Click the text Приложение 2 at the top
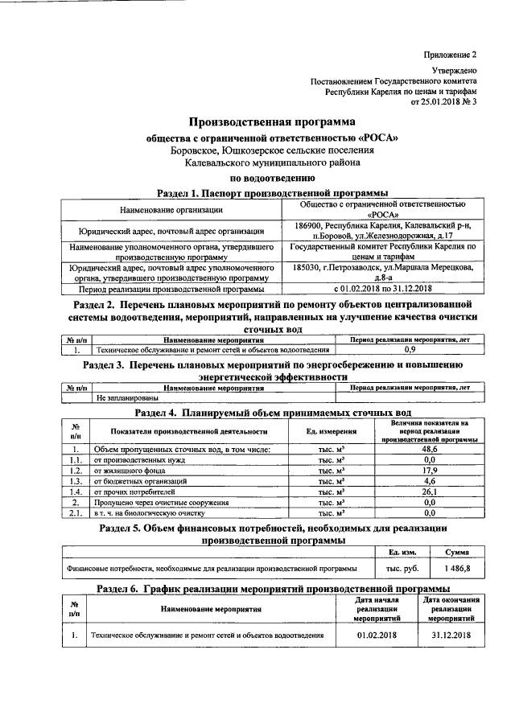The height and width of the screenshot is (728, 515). [451, 55]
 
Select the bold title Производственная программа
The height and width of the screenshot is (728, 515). [271, 122]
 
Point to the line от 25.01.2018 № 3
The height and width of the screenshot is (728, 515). [444, 102]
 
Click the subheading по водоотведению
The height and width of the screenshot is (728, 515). [271, 178]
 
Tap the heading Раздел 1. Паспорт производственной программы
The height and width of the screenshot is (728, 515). [271, 193]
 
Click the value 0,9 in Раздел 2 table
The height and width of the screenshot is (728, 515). [409, 350]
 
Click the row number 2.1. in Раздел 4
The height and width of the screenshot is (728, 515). [75, 512]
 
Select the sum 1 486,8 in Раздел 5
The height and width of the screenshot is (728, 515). [459, 568]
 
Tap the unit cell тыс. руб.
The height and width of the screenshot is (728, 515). [402, 568]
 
